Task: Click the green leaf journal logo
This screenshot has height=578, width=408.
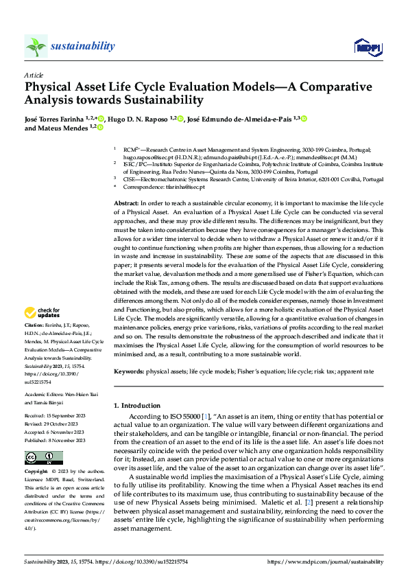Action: [36, 46]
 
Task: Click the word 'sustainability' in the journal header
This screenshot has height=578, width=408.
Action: [82, 46]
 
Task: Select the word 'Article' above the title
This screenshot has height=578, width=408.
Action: [34, 75]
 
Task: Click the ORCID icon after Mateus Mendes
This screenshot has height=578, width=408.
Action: [100, 127]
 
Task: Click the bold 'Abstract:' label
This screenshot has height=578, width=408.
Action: [126, 204]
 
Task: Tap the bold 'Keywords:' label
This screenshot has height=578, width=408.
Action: [129, 371]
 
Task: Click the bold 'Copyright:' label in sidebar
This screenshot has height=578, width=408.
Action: [36, 472]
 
